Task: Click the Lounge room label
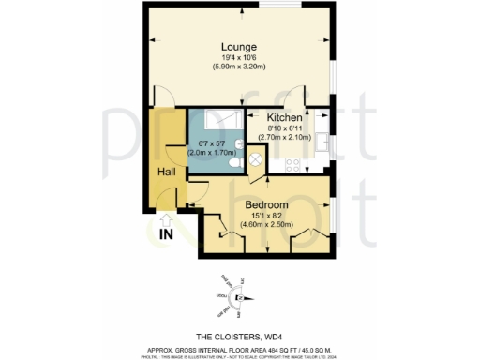pos(239,46)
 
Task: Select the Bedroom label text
pos(266,203)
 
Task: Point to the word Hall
pos(167,172)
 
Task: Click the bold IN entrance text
pos(167,233)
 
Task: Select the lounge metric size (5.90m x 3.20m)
pos(239,67)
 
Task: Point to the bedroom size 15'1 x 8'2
pos(266,216)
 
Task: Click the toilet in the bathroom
pos(234,165)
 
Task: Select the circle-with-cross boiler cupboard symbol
pos(254,162)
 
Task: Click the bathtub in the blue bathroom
pos(217,119)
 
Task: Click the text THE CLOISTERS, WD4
pos(240,335)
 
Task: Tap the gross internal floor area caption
pos(240,347)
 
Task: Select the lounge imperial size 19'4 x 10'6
pos(239,58)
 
